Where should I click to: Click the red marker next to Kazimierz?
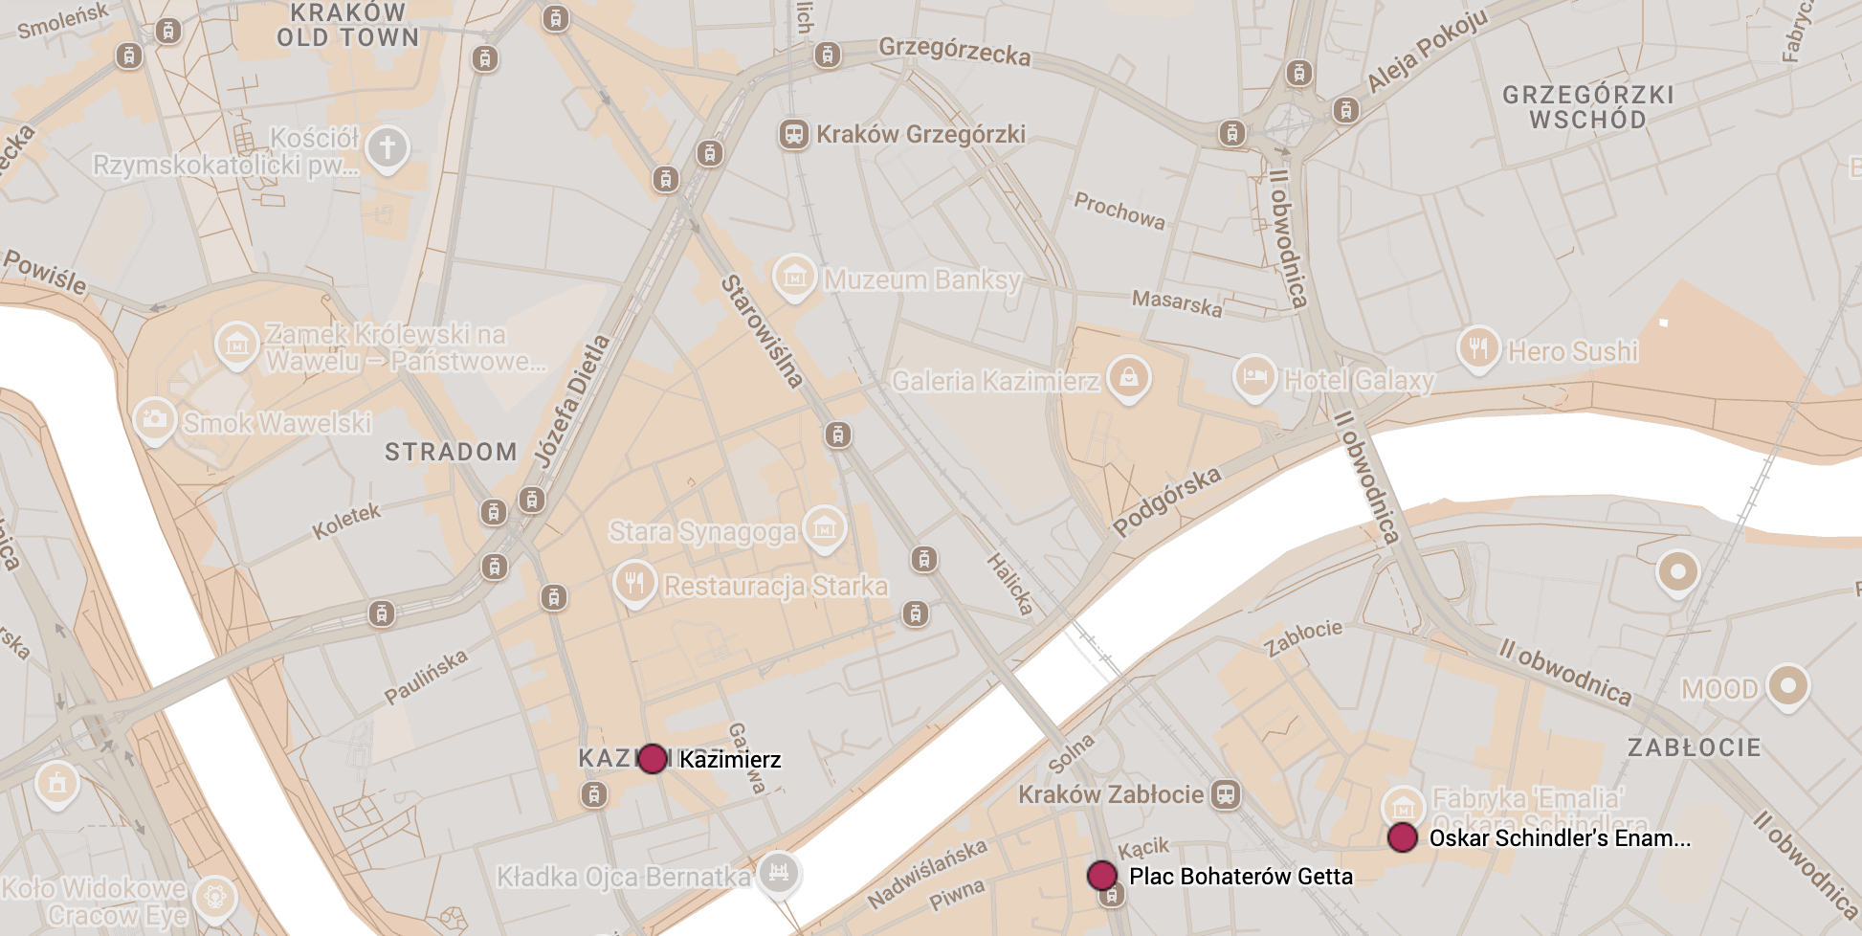pos(653,759)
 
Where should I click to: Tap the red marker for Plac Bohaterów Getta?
pos(1101,875)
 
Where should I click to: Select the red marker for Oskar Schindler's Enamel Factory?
pos(1403,837)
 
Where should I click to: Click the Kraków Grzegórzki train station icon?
pos(793,134)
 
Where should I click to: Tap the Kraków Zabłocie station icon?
pos(1226,794)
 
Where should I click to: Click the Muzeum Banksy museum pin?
pos(794,278)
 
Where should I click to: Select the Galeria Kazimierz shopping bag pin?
pos(1129,377)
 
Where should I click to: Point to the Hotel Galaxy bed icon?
pos(1254,377)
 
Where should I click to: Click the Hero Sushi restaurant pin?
pos(1478,348)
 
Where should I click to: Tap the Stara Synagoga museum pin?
pos(824,527)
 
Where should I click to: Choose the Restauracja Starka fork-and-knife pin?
pos(634,583)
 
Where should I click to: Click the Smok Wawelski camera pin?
pos(154,419)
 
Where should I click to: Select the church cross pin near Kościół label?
pos(388,148)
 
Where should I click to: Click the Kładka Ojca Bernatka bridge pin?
pos(779,872)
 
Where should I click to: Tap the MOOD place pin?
pos(1787,685)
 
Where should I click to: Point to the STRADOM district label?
pos(451,452)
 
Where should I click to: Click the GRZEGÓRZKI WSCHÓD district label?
pos(1587,107)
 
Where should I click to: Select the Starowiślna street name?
pos(762,331)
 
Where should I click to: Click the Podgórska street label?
pos(1166,501)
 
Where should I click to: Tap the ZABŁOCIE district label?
pos(1694,747)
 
